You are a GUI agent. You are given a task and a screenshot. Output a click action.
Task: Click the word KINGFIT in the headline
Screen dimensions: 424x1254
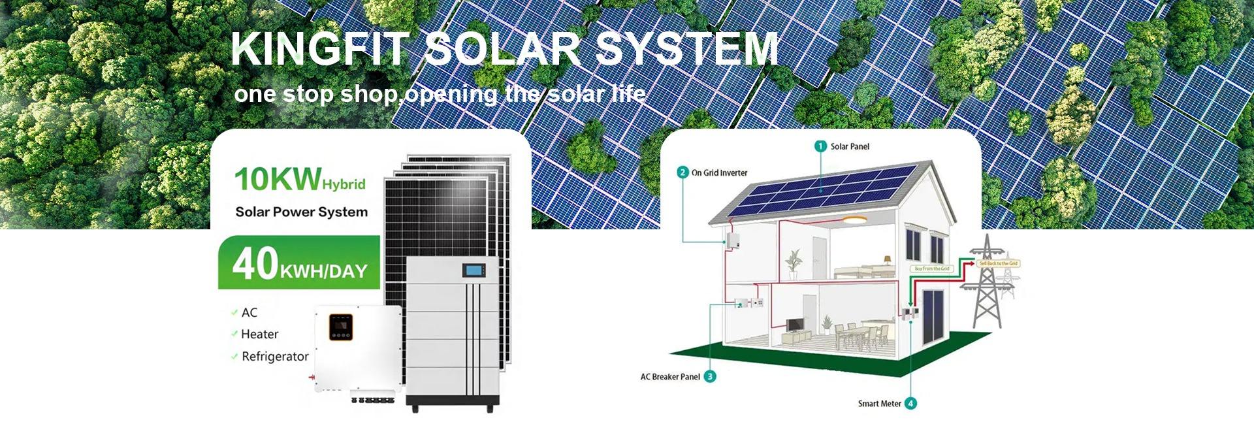click(x=321, y=49)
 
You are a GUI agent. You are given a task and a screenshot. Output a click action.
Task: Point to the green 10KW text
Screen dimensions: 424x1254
click(x=278, y=179)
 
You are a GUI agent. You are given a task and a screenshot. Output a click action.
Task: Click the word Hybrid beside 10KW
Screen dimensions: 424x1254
click(x=344, y=184)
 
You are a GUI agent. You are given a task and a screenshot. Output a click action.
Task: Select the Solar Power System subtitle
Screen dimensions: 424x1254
click(x=301, y=212)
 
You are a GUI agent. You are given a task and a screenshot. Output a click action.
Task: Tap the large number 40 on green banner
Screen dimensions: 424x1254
click(x=255, y=263)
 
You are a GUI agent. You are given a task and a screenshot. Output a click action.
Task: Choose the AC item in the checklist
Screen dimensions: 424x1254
click(x=249, y=313)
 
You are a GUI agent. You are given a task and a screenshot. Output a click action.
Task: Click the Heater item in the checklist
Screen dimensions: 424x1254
click(x=259, y=334)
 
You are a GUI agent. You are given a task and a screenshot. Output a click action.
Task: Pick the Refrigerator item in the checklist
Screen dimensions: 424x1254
click(x=275, y=357)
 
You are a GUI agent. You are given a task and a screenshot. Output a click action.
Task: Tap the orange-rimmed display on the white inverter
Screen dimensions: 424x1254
click(x=340, y=327)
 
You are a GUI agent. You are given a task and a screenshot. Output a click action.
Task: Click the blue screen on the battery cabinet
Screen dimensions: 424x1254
click(x=472, y=269)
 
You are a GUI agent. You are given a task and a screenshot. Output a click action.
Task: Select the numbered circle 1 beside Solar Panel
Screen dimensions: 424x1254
click(x=820, y=146)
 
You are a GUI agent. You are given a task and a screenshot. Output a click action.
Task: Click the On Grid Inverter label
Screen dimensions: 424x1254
click(x=719, y=173)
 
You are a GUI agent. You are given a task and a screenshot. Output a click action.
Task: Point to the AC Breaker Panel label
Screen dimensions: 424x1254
click(x=670, y=377)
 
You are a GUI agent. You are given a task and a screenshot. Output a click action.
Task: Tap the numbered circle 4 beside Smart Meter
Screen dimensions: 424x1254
click(x=910, y=404)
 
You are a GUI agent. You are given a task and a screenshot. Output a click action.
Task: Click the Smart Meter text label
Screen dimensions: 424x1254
click(x=879, y=404)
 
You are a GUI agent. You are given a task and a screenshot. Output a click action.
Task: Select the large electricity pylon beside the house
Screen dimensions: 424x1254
click(x=987, y=281)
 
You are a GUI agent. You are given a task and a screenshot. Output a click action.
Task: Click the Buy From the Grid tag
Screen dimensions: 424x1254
click(x=932, y=269)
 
